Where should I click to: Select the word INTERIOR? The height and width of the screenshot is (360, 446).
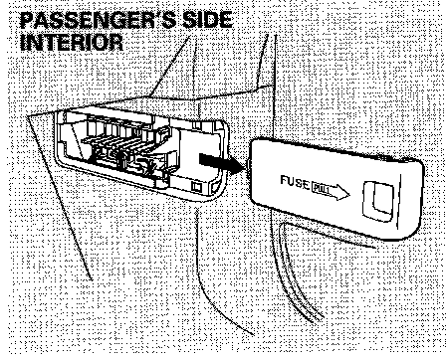point(72,43)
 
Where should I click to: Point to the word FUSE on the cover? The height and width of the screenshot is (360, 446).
point(295,182)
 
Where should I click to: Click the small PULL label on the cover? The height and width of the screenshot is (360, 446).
point(322,189)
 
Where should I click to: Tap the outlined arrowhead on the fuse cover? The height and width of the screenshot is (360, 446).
point(340,192)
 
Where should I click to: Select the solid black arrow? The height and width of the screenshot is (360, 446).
point(222,162)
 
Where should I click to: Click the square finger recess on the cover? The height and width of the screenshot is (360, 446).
point(379,201)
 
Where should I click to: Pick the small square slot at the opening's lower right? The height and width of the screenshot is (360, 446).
point(196,186)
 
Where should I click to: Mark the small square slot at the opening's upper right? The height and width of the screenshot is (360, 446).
point(197,125)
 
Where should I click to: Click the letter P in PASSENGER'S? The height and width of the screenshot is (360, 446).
point(27,20)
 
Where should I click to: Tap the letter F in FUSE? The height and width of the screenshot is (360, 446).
point(284,180)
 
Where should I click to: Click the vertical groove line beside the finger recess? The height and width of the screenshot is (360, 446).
point(398,202)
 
